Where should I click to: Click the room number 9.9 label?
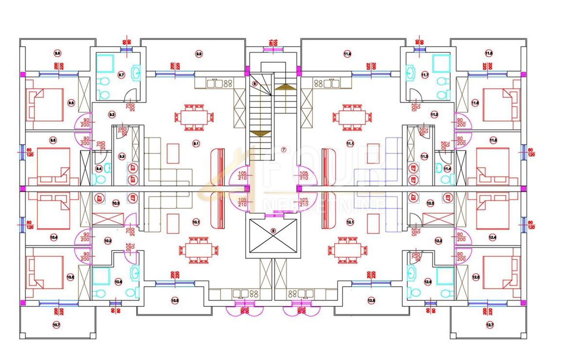tap(199, 53)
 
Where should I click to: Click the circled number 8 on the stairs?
tap(254, 84)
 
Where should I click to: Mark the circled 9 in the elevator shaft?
tap(273, 231)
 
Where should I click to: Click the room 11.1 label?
tap(350, 143)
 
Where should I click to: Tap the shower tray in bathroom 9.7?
tap(105, 63)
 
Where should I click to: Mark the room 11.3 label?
tap(424, 156)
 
